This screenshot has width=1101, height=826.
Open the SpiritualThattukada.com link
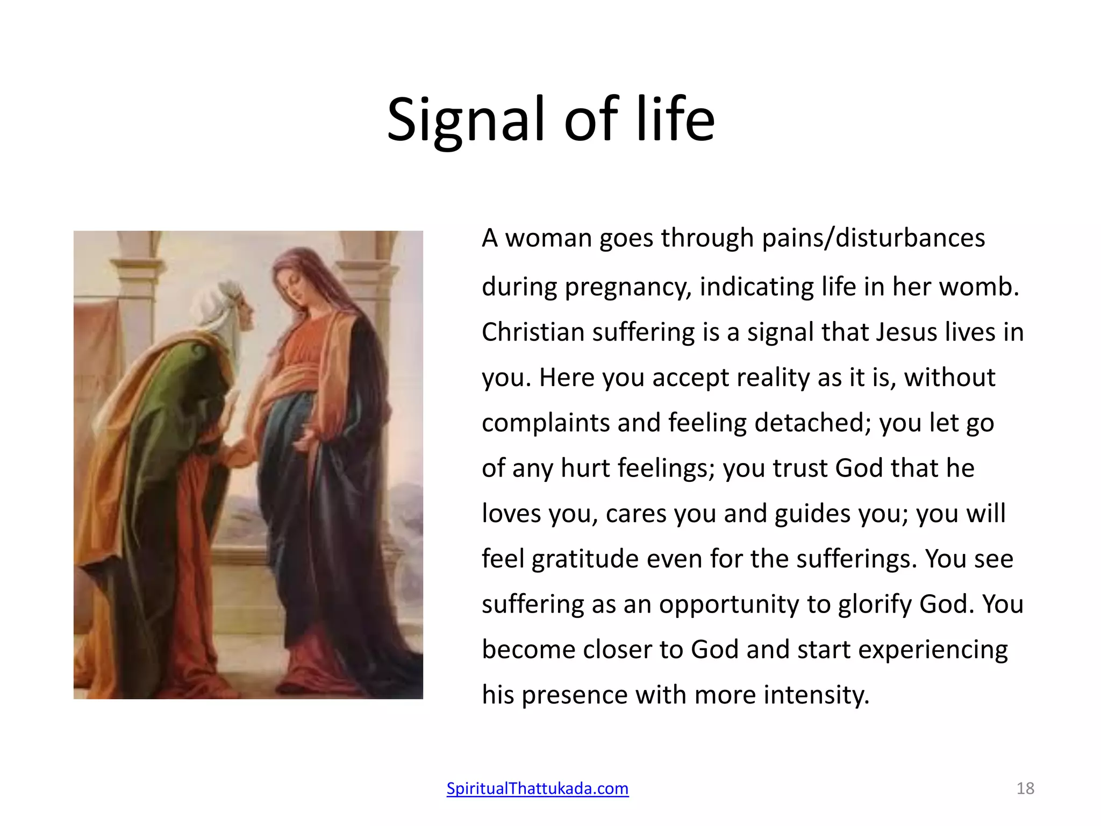coord(537,788)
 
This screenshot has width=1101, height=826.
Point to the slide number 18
coord(1025,788)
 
